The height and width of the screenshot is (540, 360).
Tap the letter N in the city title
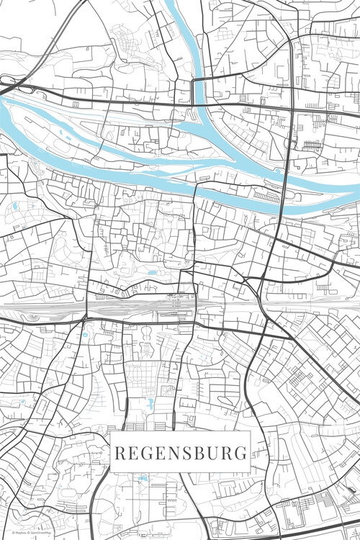click(x=173, y=454)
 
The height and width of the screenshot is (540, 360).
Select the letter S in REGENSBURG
click(x=186, y=454)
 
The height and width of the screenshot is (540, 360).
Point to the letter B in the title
click(x=199, y=454)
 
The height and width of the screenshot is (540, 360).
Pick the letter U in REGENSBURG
click(x=213, y=454)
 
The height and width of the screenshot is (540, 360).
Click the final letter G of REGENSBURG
click(x=241, y=454)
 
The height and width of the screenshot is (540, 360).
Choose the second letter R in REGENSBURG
click(x=228, y=454)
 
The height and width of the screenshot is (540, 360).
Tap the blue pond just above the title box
click(x=150, y=403)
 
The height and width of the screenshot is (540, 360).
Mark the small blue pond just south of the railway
click(x=86, y=334)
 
